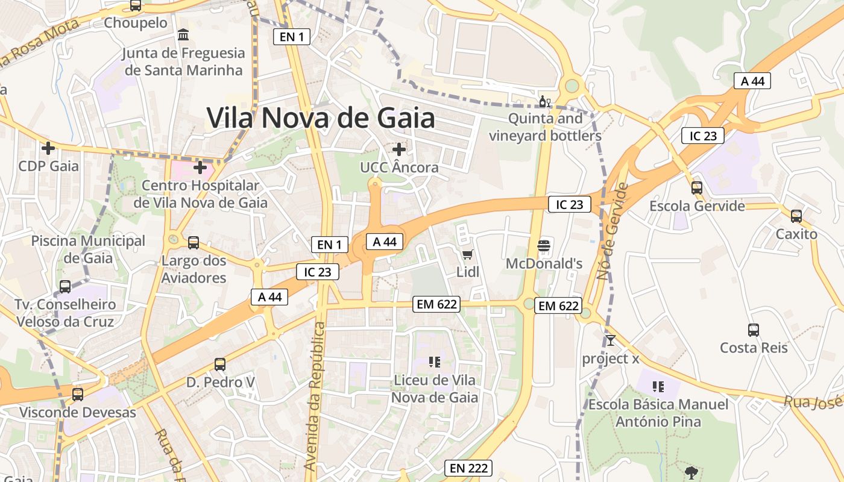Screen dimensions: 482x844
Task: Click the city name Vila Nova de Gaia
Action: (x=321, y=117)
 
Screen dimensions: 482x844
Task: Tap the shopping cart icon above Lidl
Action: (x=467, y=254)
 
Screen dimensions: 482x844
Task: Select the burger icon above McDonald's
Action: (x=544, y=245)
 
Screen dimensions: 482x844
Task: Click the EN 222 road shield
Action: (x=468, y=468)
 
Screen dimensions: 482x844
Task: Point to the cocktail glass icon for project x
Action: (x=610, y=340)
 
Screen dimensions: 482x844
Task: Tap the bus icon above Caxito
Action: (x=796, y=216)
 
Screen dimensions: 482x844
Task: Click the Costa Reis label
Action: (x=754, y=348)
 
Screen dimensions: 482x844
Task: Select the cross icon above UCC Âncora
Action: (x=398, y=149)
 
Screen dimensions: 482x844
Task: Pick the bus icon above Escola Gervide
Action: (x=697, y=187)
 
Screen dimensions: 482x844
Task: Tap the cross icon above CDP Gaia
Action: (x=48, y=148)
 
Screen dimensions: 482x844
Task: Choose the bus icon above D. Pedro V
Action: (x=220, y=364)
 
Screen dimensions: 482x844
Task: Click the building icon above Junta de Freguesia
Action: (x=183, y=34)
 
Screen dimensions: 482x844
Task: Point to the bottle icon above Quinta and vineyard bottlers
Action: (x=544, y=101)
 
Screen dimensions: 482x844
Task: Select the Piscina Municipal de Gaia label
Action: (x=89, y=249)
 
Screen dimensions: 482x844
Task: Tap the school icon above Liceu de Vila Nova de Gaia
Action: (x=434, y=361)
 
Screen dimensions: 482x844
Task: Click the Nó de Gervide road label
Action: (x=613, y=231)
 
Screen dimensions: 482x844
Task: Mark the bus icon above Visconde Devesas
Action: (x=78, y=395)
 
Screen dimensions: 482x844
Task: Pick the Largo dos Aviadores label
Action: (x=194, y=269)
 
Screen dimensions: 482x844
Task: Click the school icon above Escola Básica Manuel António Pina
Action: (x=658, y=386)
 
